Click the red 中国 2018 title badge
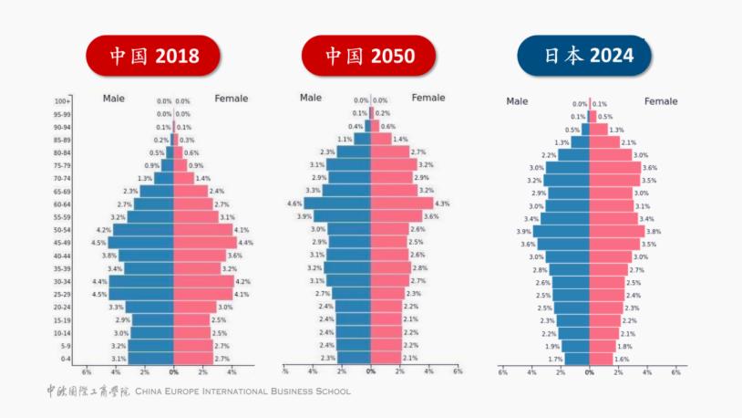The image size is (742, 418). pyautogui.click(x=153, y=56)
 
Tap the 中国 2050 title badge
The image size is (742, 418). pyautogui.click(x=369, y=56)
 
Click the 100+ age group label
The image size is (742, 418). pyautogui.click(x=62, y=101)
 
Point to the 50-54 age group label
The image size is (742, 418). pyautogui.click(x=62, y=230)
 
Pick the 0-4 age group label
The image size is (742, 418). pyautogui.click(x=65, y=360)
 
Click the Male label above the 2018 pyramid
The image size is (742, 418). pyautogui.click(x=114, y=98)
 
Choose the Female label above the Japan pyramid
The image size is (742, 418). pyautogui.click(x=661, y=101)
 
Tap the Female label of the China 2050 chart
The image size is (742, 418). pyautogui.click(x=428, y=98)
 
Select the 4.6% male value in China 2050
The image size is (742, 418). pyautogui.click(x=294, y=204)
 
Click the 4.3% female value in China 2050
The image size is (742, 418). pyautogui.click(x=442, y=204)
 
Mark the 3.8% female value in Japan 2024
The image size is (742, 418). pyautogui.click(x=653, y=232)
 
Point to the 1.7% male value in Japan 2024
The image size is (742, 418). pyautogui.click(x=555, y=360)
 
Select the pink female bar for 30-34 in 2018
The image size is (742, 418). pyautogui.click(x=203, y=282)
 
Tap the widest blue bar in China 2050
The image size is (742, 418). pyautogui.click(x=337, y=204)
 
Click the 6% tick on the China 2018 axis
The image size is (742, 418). pyautogui.click(x=87, y=372)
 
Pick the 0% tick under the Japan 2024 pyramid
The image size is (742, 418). pyautogui.click(x=589, y=372)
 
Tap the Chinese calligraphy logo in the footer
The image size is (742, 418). pyautogui.click(x=88, y=391)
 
